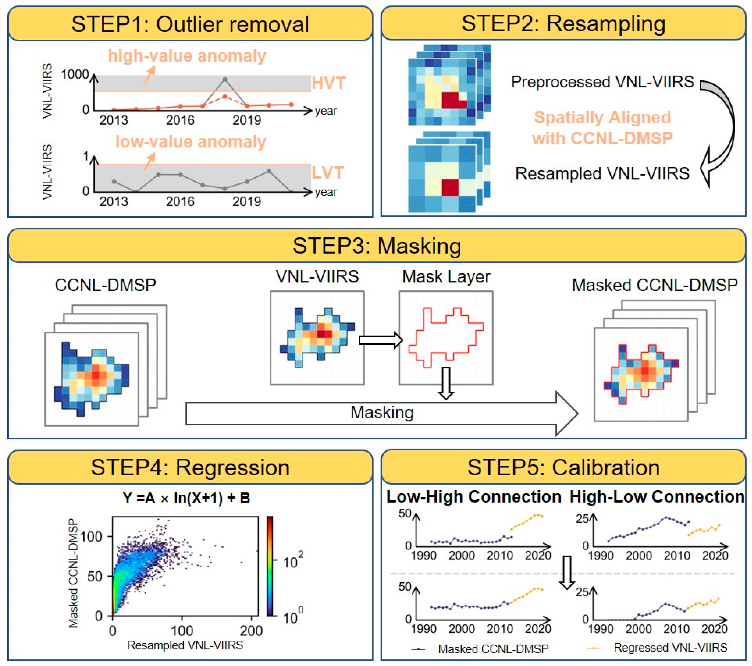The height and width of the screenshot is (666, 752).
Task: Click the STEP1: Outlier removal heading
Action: (x=190, y=24)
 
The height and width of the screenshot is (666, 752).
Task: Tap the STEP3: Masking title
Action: (x=377, y=246)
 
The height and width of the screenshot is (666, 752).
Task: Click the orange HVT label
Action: (x=329, y=83)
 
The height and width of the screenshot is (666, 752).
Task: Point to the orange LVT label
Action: (x=328, y=173)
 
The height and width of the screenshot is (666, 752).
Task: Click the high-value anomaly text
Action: (x=187, y=56)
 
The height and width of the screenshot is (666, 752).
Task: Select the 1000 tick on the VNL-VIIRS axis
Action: (x=75, y=75)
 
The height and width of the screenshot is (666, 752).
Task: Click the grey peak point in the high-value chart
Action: (x=225, y=79)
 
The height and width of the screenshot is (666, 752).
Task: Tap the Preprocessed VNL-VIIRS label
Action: (x=602, y=82)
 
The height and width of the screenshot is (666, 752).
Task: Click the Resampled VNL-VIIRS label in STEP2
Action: (x=602, y=173)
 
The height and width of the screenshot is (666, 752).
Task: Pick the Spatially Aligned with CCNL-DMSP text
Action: (x=602, y=128)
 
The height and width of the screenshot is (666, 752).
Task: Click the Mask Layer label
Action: (x=446, y=277)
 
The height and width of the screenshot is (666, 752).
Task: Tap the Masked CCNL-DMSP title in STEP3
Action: (x=655, y=285)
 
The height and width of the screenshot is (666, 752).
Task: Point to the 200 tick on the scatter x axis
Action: (x=251, y=631)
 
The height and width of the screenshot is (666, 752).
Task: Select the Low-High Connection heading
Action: (x=473, y=497)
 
